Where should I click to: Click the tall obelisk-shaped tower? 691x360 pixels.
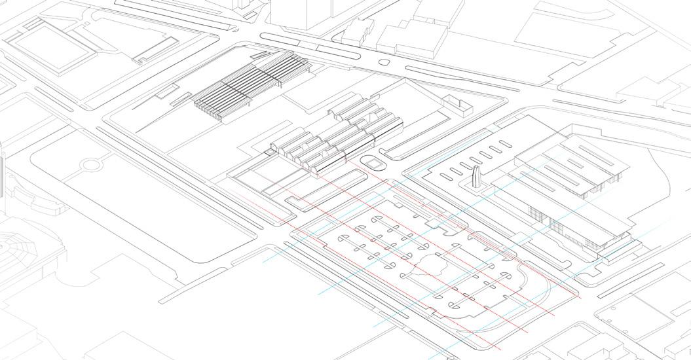point(476,177)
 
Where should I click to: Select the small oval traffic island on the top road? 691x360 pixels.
point(384,62)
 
